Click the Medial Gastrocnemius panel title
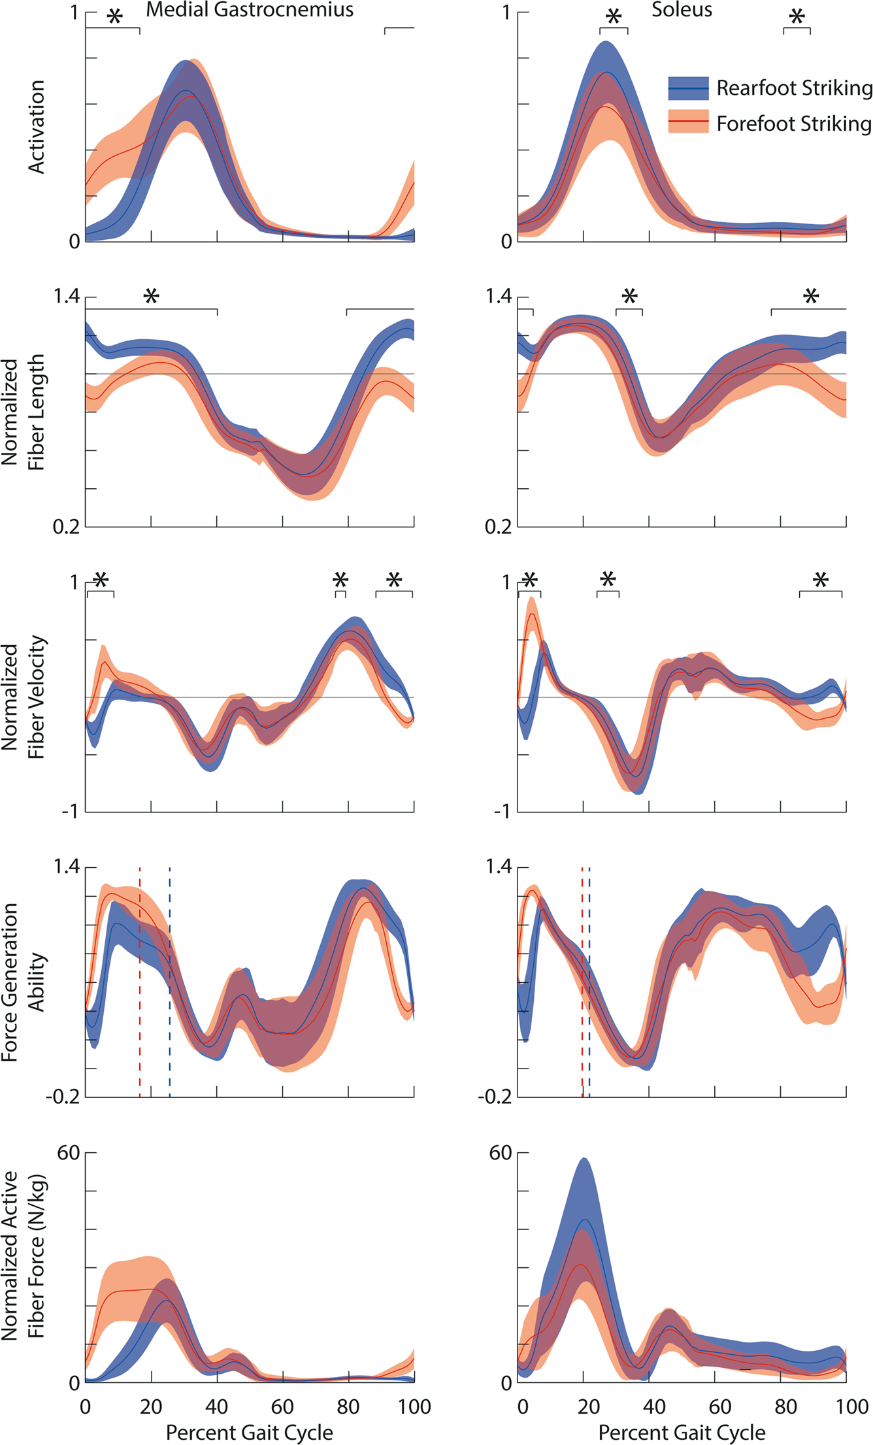coord(250,10)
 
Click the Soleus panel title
coord(682,10)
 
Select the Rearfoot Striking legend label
coord(794,88)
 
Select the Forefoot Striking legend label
coord(793,124)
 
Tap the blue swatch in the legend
coord(688,88)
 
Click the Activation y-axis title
coord(37,127)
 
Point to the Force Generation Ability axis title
coord(23,982)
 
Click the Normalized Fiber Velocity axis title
coord(23,697)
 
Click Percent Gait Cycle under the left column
coord(249,1433)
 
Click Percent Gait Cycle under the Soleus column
coord(682,1433)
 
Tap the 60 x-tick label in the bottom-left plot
coord(282,1406)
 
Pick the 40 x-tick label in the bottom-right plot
coord(654,1406)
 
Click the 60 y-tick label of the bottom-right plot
coord(501,1154)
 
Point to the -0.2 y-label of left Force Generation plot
coord(63,1097)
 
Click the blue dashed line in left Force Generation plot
coord(170,980)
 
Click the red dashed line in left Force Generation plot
coord(140,980)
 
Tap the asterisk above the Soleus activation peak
coord(613,18)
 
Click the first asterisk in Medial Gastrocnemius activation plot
coord(114,18)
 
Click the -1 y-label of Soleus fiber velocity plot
coord(502,812)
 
